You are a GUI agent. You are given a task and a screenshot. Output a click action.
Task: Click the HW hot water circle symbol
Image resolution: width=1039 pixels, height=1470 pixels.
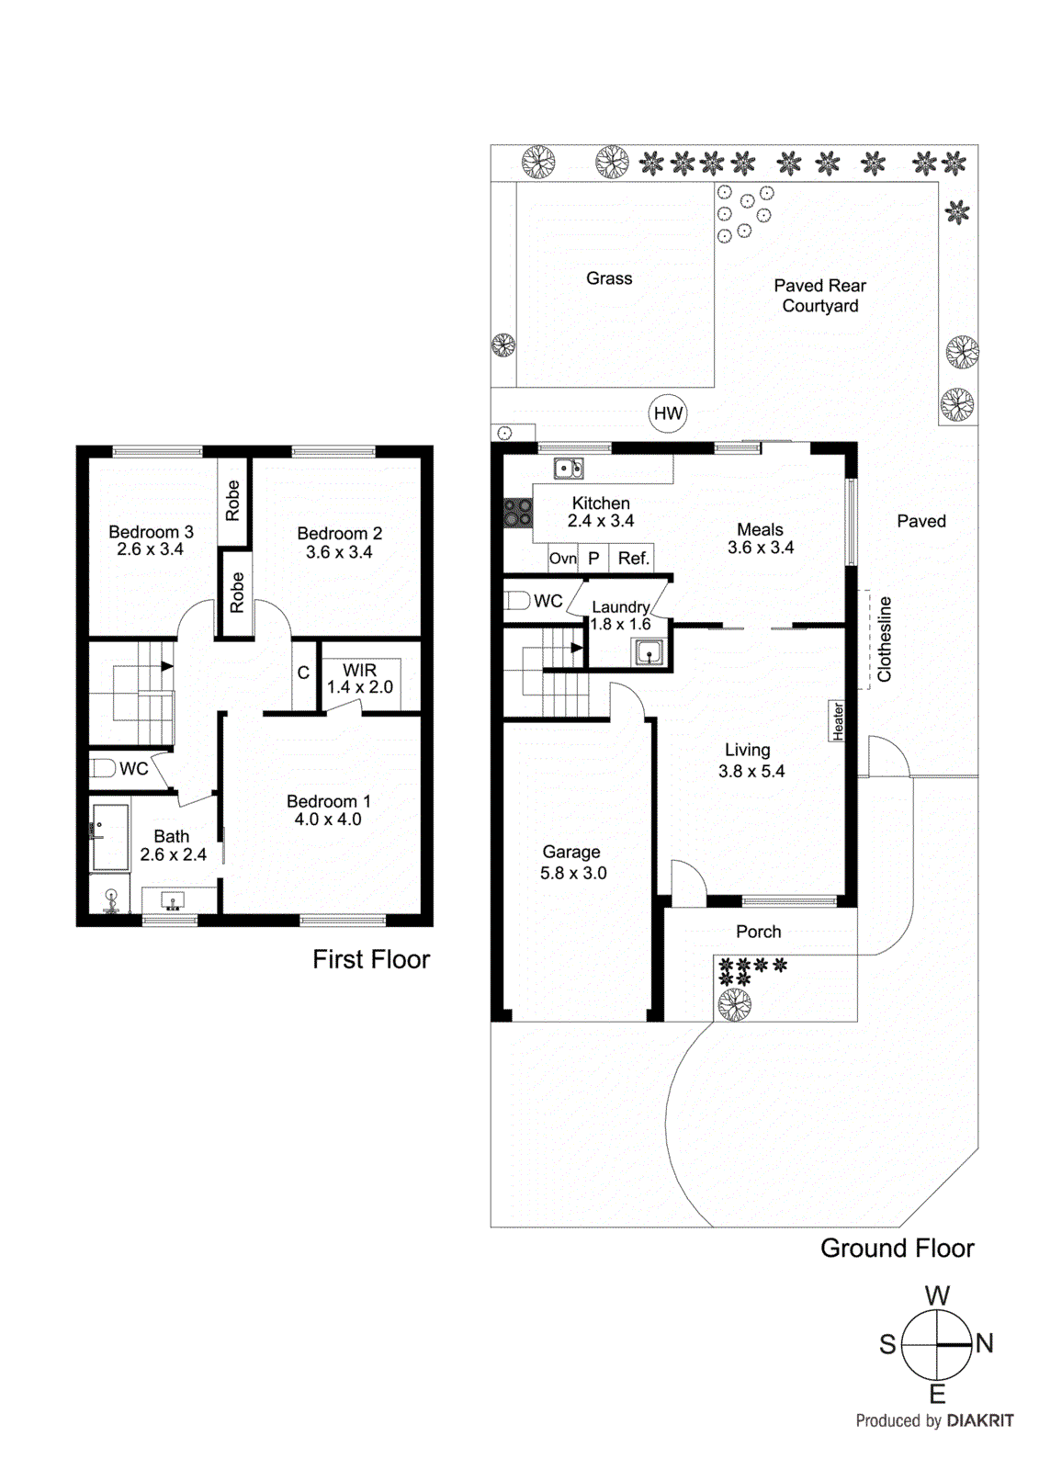tap(668, 413)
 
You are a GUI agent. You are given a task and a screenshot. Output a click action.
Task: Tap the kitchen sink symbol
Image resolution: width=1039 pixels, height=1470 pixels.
tap(568, 469)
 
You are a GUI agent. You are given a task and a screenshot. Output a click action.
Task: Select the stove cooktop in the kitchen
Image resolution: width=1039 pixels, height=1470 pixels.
tap(517, 513)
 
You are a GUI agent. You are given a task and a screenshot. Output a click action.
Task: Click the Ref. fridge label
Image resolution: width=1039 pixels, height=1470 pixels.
tap(633, 558)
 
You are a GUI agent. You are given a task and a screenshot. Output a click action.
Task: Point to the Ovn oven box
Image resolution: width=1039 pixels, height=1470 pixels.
tap(562, 558)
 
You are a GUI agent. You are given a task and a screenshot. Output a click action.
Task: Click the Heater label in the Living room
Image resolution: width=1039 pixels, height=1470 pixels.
tap(838, 721)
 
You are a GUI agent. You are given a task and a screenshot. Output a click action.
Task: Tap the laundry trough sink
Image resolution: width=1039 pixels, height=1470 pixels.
tap(648, 653)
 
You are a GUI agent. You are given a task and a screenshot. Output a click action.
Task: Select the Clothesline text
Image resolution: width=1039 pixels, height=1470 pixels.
tap(885, 639)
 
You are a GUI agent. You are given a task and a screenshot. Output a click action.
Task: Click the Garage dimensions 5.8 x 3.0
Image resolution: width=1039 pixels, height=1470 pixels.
tap(573, 873)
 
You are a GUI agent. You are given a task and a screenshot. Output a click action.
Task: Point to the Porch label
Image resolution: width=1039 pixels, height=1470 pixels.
tap(758, 932)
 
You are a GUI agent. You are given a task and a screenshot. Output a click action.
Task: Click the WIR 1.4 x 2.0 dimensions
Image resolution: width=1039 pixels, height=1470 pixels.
tap(360, 687)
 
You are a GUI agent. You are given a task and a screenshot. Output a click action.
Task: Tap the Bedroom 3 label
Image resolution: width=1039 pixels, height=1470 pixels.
tap(151, 532)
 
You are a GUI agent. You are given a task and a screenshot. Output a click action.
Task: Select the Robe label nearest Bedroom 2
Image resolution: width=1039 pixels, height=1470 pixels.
tap(237, 593)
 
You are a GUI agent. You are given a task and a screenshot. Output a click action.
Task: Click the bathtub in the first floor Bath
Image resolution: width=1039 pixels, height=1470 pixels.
tap(110, 837)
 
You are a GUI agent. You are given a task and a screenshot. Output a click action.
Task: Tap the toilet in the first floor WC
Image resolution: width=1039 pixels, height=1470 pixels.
tap(103, 768)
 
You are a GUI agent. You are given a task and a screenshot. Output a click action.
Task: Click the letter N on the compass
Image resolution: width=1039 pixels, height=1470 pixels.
tap(985, 1343)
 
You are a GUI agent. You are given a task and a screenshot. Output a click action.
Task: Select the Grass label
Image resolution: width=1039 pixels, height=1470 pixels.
tap(609, 278)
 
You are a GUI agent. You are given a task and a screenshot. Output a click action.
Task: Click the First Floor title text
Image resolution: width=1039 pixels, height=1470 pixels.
tap(370, 959)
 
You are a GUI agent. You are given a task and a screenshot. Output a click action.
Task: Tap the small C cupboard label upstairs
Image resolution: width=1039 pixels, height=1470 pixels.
tap(303, 673)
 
